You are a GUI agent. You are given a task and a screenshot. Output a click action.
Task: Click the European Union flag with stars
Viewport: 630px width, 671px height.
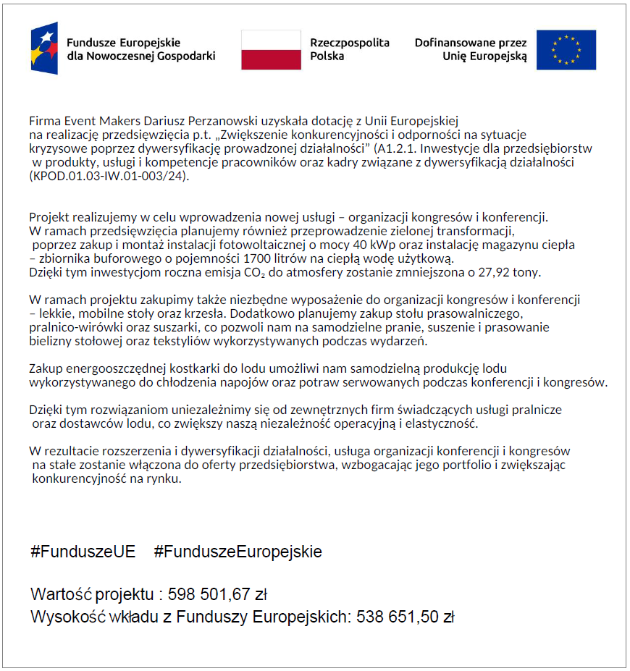pos(566,50)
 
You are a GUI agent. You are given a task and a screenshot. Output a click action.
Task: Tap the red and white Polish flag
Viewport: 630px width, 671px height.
pos(271,50)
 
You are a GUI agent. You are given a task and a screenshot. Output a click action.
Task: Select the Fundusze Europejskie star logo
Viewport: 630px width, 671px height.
pos(44,48)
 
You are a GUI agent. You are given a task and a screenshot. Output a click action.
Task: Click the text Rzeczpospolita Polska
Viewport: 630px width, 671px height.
pos(349,49)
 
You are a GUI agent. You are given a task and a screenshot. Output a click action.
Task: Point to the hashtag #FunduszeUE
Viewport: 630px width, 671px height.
pos(83,552)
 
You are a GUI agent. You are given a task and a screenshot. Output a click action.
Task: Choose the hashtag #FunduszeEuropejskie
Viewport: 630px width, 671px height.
pos(238,552)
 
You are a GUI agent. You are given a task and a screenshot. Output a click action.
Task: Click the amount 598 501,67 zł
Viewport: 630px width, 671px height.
pos(218,595)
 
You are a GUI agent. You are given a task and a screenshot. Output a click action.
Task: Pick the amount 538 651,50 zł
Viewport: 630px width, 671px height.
pos(405,617)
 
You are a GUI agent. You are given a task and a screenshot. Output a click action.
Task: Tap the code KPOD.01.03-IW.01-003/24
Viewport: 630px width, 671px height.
pos(106,176)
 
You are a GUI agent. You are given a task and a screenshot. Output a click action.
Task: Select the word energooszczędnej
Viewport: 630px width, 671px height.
pos(114,368)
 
